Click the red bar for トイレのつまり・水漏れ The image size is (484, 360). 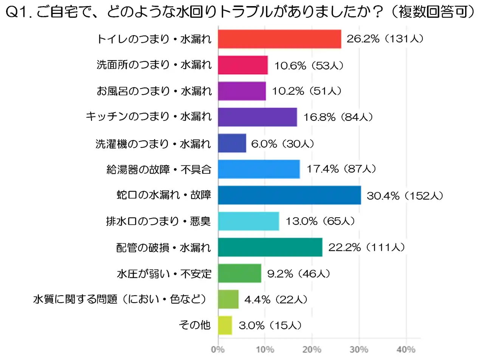279,39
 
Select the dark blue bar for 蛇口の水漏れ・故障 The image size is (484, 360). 289,195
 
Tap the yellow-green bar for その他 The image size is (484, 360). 225,325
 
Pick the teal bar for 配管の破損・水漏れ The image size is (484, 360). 270,247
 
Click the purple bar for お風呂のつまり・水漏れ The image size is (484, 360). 242,91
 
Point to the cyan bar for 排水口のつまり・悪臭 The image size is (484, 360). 248,221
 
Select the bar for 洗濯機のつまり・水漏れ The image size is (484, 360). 232,143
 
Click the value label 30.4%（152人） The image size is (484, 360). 405,196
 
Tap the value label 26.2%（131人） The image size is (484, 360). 385,39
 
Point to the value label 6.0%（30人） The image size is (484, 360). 282,144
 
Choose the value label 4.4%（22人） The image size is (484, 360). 276,300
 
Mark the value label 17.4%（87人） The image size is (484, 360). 341,169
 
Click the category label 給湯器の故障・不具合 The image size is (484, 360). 159,170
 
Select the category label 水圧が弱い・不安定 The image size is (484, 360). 164,273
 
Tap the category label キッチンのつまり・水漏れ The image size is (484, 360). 149,117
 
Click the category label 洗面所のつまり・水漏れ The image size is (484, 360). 154,65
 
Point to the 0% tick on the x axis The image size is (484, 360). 218,349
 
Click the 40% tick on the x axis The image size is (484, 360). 406,349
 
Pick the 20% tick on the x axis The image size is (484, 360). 312,349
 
